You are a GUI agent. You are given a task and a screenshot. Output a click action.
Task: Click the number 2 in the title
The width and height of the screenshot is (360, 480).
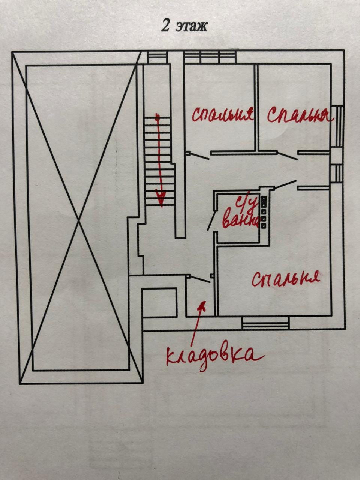165,27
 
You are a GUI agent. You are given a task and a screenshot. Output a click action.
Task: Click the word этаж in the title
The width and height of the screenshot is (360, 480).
191,27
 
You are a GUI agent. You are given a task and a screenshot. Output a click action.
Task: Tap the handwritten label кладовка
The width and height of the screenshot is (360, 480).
214,355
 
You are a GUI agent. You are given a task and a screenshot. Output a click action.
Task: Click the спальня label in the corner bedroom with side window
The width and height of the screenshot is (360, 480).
300,115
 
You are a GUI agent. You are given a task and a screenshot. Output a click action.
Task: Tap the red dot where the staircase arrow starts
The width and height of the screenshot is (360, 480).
157,118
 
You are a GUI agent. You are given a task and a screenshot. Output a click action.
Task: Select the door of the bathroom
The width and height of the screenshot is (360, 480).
211,220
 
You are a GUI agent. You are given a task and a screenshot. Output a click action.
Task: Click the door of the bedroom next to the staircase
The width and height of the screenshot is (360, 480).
198,155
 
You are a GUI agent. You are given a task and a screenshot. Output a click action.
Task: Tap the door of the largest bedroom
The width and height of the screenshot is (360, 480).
285,185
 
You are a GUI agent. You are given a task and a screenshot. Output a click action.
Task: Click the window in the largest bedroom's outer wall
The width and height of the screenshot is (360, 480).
265,323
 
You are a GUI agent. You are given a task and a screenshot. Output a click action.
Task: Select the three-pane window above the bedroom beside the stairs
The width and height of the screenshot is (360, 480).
210,57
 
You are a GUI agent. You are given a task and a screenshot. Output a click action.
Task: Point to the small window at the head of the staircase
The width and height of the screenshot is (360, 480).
157,57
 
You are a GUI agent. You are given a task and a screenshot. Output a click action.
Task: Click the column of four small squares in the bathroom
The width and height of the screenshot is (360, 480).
264,212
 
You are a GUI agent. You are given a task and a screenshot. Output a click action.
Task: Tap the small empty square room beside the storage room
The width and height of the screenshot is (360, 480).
159,302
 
